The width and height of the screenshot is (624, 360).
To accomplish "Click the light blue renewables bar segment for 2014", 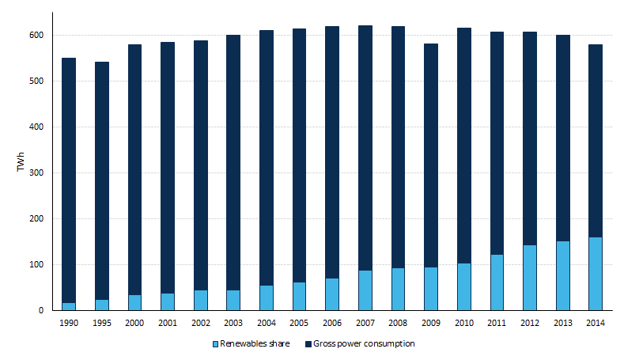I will coord(595,274).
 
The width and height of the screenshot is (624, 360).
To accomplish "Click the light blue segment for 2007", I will coord(365,290).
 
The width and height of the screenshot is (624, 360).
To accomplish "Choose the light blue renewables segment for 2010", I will coord(463,286).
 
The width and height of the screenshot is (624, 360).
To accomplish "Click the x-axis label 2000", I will coord(135,324).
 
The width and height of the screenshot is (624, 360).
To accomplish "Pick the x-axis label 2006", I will coord(332,324).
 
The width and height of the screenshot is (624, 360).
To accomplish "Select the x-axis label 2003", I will coord(233,324).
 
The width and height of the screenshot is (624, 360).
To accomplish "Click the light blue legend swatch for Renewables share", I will coord(215,344).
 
